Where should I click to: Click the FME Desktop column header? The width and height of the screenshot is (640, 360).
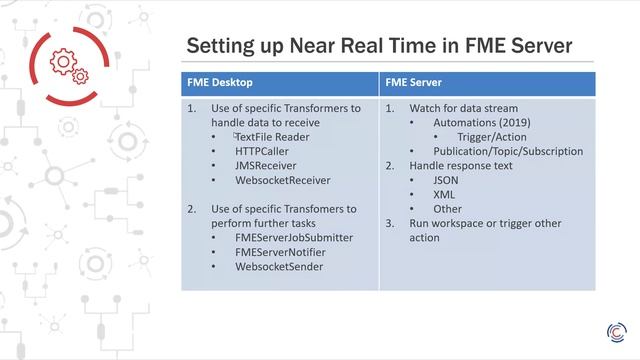(x=218, y=84)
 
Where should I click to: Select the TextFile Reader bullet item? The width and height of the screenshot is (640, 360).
(x=272, y=136)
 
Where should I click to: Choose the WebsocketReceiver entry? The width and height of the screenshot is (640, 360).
(x=283, y=181)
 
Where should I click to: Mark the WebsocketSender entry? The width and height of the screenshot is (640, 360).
(x=279, y=267)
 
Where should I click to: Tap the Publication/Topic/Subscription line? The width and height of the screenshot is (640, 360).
(x=496, y=151)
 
